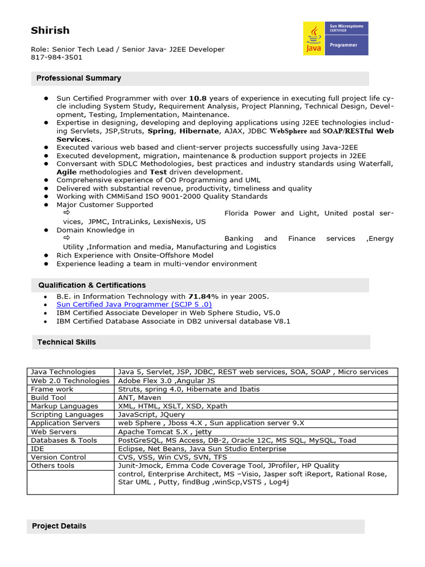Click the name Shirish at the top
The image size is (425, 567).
50,30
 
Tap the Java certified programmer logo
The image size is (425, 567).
335,39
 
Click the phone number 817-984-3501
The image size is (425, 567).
56,57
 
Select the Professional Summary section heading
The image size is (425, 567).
79,78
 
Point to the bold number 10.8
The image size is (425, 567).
198,98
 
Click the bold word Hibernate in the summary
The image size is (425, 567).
198,131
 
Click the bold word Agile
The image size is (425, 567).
66,172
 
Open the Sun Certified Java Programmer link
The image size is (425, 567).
134,305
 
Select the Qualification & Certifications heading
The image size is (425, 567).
92,285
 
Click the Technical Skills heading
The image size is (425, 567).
66,342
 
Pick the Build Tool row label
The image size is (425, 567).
49,398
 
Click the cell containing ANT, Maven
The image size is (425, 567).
139,398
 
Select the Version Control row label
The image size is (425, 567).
58,457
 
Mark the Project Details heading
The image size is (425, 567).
59,526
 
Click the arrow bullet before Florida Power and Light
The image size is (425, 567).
67,213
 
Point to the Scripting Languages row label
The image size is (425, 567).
67,415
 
